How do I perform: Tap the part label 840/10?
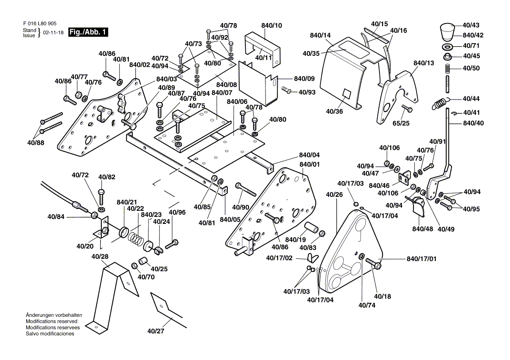272,26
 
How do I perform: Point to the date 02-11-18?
52,33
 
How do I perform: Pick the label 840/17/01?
421,259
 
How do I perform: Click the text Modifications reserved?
52,321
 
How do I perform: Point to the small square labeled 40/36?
347,93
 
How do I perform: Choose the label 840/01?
309,164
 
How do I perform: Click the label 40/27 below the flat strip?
155,331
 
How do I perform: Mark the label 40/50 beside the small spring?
471,68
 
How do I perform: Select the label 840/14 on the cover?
320,35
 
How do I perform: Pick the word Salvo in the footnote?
33,334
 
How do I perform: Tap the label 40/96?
177,213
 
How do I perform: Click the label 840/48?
423,229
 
